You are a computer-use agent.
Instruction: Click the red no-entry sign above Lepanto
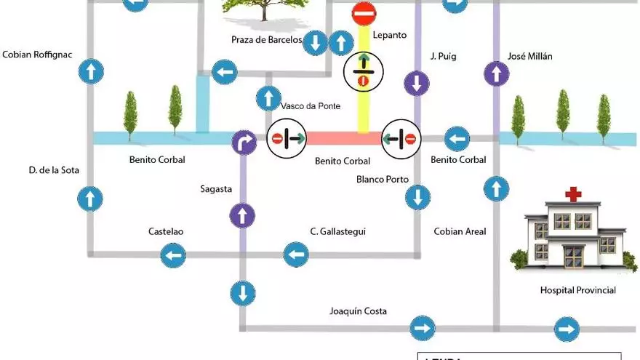[x=364, y=14]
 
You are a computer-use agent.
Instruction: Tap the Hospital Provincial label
[x=577, y=290]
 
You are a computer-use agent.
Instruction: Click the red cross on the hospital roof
[x=575, y=194]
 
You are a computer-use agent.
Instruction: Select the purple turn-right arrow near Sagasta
[x=244, y=143]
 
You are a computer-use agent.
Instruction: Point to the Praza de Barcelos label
[x=265, y=39]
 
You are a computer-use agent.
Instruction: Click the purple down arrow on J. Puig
[x=417, y=82]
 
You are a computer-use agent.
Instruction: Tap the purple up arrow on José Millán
[x=497, y=73]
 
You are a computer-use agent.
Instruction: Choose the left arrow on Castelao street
[x=173, y=255]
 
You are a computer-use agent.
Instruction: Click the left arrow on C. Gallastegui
[x=296, y=255]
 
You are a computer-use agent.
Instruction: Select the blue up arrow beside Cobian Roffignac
[x=91, y=71]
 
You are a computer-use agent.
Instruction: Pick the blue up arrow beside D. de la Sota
[x=91, y=198]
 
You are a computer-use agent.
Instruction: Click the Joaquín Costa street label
[x=358, y=311]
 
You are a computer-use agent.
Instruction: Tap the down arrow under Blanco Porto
[x=417, y=196]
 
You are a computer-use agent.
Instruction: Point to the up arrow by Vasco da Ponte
[x=268, y=97]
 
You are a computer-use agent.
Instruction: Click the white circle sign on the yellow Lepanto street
[x=362, y=71]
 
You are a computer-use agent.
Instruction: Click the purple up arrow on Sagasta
[x=242, y=215]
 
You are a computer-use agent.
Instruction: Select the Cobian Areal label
[x=460, y=232]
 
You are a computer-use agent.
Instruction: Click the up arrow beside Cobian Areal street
[x=497, y=189]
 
